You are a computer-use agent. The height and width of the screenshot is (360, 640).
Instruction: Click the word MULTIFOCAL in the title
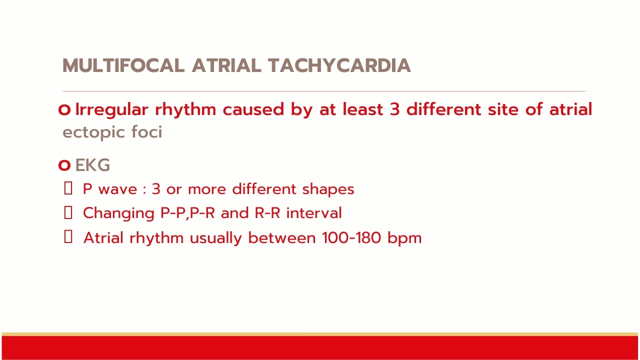(x=123, y=65)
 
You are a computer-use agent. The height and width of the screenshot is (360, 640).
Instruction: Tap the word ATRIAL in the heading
(x=226, y=65)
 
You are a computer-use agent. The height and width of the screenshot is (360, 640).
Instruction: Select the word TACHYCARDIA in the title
(x=339, y=65)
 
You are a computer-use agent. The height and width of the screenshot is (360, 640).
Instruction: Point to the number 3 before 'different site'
(x=394, y=109)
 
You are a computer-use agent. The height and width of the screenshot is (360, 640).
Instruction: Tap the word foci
(x=147, y=132)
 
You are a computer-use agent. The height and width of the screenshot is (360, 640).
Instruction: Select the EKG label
(x=92, y=165)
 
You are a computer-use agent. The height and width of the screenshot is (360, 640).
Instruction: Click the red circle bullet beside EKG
(x=64, y=165)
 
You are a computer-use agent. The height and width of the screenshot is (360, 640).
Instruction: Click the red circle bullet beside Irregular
(x=64, y=110)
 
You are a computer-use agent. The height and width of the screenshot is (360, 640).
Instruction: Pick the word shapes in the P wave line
(x=328, y=189)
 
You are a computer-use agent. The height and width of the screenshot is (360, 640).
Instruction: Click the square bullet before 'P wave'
(x=68, y=188)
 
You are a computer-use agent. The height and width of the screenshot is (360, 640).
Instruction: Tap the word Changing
(x=118, y=213)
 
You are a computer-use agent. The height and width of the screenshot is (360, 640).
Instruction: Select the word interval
(x=314, y=213)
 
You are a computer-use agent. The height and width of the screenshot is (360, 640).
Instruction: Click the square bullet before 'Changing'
(x=68, y=213)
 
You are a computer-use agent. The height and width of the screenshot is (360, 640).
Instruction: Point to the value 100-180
(x=351, y=237)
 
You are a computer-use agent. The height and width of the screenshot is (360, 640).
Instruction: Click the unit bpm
(x=404, y=238)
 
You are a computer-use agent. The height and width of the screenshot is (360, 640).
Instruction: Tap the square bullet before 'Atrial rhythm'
(x=68, y=237)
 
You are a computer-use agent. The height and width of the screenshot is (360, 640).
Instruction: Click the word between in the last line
(x=282, y=237)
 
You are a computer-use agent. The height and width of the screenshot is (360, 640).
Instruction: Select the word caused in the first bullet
(x=253, y=110)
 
